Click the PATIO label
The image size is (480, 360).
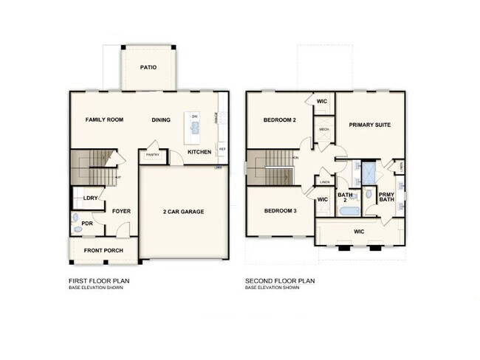pos(148,67)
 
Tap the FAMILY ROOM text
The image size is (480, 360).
pos(104,120)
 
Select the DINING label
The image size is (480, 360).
pos(161,120)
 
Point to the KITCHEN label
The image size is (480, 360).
pos(199,152)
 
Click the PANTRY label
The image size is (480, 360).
pos(154,155)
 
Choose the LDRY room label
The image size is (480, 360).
pos(91,198)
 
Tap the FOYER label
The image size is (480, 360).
pos(121,211)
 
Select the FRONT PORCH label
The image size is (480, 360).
pos(103,251)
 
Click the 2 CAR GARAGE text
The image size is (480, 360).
pos(183,212)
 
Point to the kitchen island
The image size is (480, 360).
pos(195,131)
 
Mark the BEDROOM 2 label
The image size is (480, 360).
pos(279,120)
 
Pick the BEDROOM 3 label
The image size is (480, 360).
pos(280,211)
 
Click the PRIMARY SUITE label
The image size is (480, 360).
pos(369,125)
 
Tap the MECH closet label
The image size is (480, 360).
pos(323,130)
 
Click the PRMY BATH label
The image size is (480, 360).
pos(386,197)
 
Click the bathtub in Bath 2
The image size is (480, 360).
pos(348,212)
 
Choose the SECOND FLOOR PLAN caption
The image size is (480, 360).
pos(281,281)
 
